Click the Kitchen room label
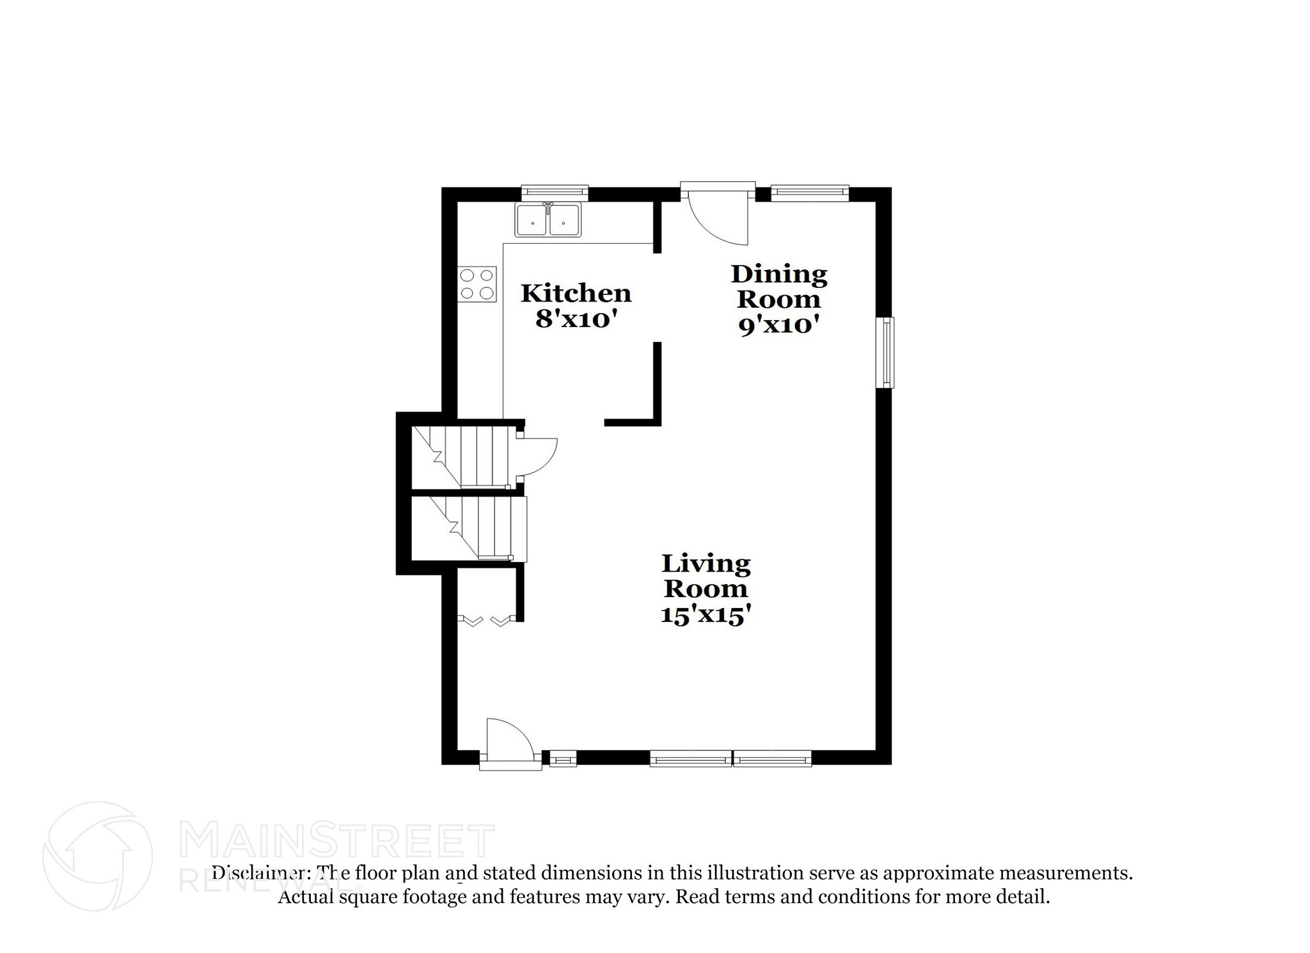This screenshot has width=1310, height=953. pos(576,293)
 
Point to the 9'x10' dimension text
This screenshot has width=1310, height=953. pos(779,326)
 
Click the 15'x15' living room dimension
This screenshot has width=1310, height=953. pos(705,615)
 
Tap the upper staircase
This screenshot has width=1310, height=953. pos(464,457)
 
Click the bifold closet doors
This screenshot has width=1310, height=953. pos(487,620)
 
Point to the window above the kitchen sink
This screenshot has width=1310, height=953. pos(554,190)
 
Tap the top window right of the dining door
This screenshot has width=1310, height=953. pos(810,190)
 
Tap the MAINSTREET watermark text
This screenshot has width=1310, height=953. pos(336,841)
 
